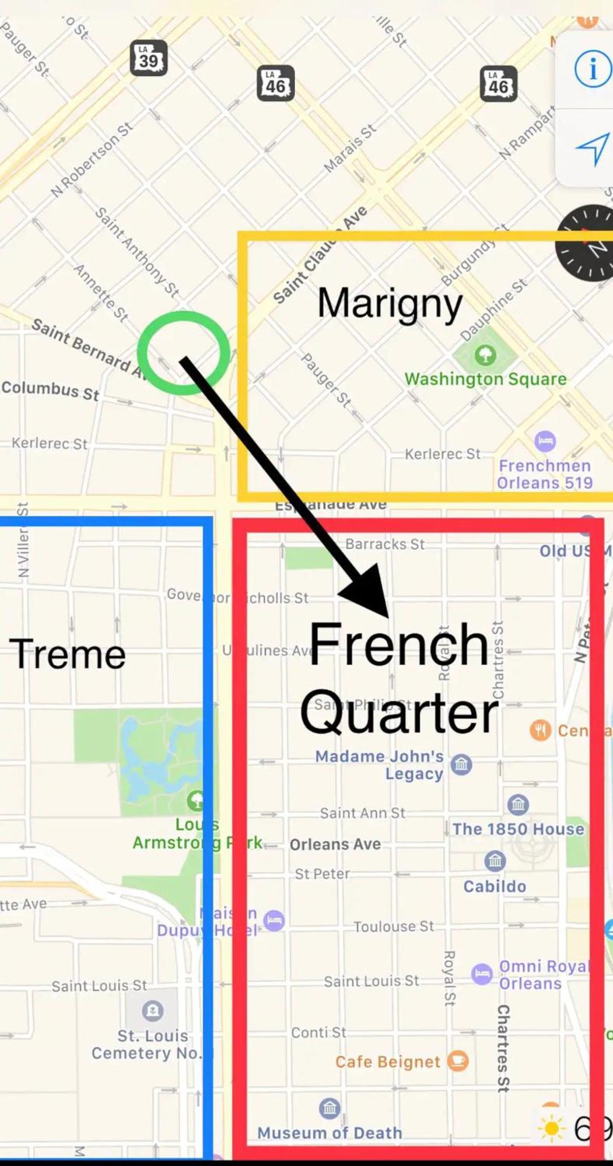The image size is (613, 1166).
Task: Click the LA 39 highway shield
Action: [149, 58]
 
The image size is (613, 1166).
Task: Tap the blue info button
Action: [592, 69]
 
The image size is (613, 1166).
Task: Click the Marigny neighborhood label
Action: [390, 304]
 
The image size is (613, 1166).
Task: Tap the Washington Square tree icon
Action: [485, 354]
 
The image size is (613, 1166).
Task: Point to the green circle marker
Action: [183, 352]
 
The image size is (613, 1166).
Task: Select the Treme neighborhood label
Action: [67, 654]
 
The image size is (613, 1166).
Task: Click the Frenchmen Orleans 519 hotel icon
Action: [545, 441]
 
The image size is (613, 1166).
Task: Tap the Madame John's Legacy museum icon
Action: [461, 764]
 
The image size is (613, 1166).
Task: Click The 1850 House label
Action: [518, 828]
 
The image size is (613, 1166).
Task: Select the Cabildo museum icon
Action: [495, 861]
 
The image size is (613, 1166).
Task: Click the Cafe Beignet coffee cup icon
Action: [458, 1060]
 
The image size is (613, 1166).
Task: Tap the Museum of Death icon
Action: [330, 1108]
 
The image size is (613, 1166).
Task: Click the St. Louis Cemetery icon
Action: [153, 1010]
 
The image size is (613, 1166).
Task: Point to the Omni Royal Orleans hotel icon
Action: [482, 974]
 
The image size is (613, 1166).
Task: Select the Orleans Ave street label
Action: [335, 844]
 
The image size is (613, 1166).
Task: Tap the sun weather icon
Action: [551, 1129]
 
